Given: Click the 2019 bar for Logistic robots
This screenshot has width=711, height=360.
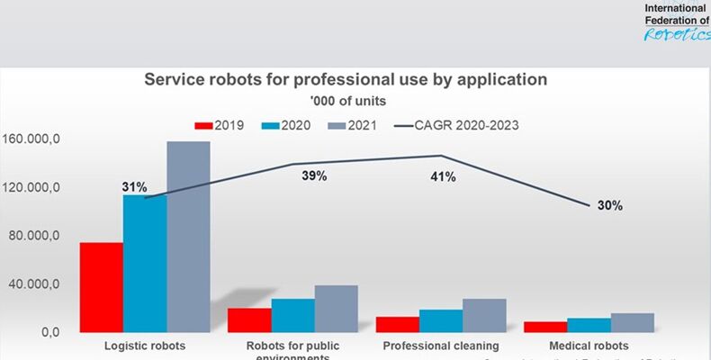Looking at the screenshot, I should point(101,287).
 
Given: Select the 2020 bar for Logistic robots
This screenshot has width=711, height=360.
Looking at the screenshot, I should point(144,263).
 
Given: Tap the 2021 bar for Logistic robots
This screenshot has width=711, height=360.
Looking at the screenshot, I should point(188,237).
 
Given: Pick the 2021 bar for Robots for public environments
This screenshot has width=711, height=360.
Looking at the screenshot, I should point(337,309).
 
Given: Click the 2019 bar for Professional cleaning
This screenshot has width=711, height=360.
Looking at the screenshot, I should point(397,324).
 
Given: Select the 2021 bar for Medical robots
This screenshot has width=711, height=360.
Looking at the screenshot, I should point(632,322).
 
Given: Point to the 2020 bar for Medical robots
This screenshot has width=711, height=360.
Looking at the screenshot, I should point(589,325).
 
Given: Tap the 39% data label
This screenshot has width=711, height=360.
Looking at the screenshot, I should point(313,176).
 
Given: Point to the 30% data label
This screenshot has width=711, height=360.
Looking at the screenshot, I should point(610,205).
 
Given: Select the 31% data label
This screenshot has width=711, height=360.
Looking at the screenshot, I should point(134,187).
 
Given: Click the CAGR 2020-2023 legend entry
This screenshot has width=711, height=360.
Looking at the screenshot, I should point(454,125).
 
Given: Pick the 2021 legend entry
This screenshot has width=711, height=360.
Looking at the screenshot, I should point(351,125).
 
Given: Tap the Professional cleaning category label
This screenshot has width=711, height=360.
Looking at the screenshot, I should point(440,346).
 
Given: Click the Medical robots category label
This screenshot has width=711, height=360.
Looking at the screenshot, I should point(589,346).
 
